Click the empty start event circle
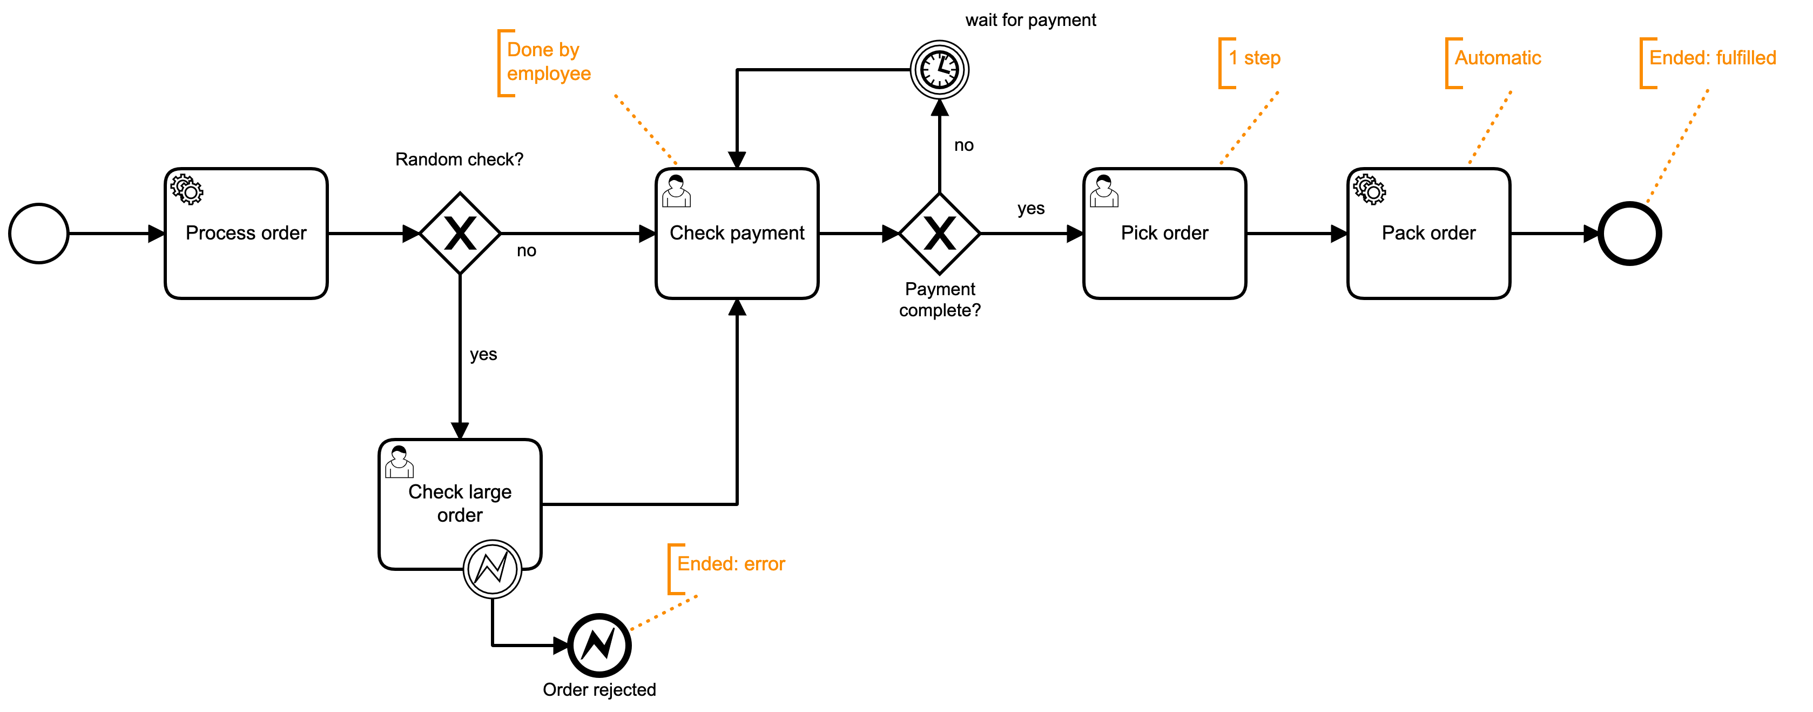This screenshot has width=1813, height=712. point(39,234)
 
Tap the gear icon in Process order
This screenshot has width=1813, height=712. point(186,189)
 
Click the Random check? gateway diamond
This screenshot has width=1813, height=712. point(460,234)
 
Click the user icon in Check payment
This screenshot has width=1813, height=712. point(676,191)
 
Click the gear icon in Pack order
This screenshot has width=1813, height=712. point(1369,189)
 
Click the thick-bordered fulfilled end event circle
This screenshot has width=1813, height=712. point(1629,234)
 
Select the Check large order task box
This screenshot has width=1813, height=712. point(460,503)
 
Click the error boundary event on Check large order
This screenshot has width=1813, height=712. point(492,569)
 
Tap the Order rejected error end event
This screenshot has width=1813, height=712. point(599,644)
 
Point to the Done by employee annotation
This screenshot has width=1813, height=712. point(548,61)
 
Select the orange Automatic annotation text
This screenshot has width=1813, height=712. point(1497,58)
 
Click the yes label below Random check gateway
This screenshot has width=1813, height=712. point(483,354)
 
